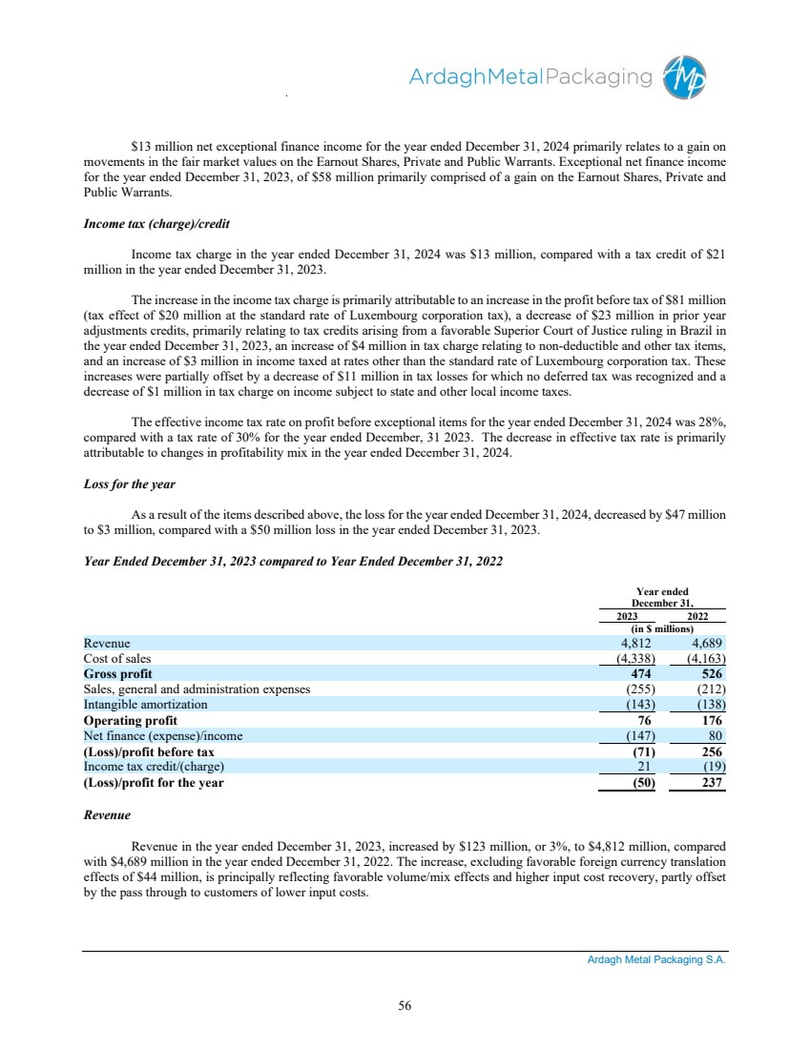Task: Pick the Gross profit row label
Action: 117,673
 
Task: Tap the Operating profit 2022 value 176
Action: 713,720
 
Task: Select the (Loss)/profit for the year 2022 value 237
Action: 712,783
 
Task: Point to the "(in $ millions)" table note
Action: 662,628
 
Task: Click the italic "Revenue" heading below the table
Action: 107,816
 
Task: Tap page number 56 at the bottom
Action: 405,1004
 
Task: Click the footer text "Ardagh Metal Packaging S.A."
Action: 656,961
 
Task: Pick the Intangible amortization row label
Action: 145,705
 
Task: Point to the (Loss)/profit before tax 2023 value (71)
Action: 634,751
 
